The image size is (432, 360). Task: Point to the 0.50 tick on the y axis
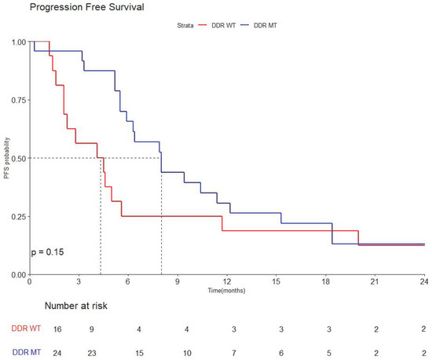pyautogui.click(x=16, y=158)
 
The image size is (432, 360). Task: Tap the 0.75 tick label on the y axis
pyautogui.click(x=16, y=100)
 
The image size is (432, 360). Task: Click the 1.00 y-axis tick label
pyautogui.click(x=16, y=42)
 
